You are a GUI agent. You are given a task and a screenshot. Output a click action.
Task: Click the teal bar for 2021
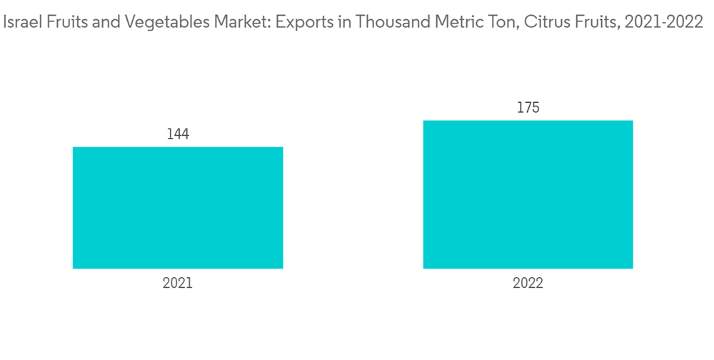178,208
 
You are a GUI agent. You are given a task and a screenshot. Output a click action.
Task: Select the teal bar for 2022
528,194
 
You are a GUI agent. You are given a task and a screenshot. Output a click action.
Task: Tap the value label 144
178,134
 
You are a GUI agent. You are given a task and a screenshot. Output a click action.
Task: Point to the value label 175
528,108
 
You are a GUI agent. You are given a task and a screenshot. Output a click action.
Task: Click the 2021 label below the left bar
178,284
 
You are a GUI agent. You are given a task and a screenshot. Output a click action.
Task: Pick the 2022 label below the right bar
528,284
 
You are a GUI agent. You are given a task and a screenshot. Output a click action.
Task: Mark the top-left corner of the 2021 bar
74,148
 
